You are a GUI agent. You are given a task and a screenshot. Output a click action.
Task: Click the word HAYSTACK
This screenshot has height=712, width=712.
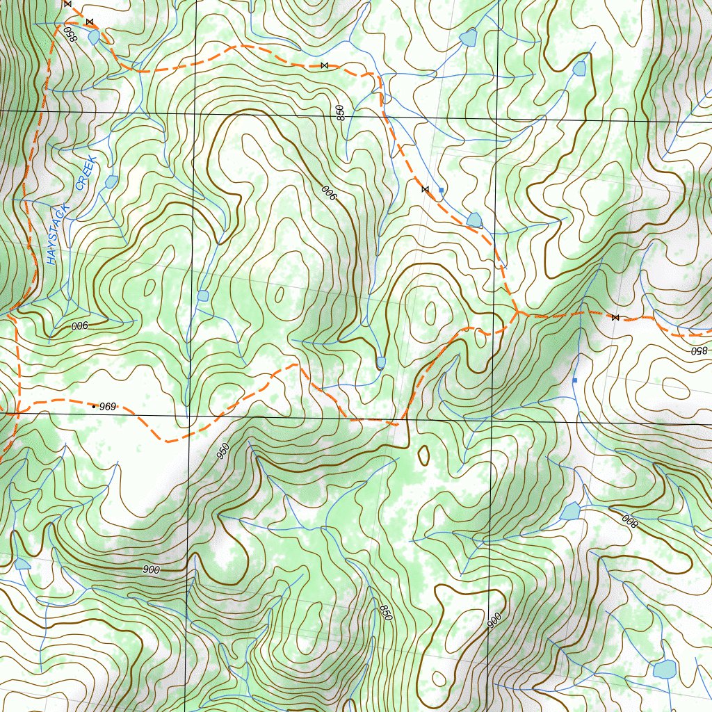tap(56, 234)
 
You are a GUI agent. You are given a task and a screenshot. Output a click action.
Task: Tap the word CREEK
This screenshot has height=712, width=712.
tap(87, 174)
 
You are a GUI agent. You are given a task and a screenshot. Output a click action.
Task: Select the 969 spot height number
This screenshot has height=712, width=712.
tap(108, 405)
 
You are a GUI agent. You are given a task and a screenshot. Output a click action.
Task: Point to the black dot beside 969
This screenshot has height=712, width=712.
tap(94, 406)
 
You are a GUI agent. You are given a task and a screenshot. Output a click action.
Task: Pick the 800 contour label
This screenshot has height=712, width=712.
tap(629, 519)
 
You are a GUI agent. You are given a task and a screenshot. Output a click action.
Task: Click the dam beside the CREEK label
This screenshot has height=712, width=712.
tap(111, 181)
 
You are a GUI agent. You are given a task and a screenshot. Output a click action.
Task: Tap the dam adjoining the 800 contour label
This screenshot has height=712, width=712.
tap(571, 512)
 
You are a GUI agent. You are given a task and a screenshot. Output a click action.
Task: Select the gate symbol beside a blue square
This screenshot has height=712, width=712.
tap(425, 189)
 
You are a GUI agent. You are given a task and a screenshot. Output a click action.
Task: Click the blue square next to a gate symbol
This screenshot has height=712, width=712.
tap(442, 189)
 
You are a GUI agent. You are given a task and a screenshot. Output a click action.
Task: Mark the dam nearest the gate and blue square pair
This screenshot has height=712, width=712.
tap(475, 220)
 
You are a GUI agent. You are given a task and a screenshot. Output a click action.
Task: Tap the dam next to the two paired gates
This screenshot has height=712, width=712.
tap(94, 37)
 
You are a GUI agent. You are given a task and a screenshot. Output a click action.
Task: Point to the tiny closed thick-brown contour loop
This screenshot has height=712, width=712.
tap(423, 455)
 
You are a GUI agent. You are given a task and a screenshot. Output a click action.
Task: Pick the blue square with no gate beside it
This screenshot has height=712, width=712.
tap(575, 380)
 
